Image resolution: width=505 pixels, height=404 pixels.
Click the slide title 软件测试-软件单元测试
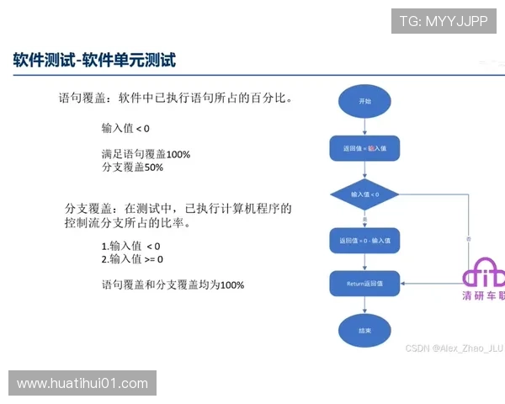[94, 61]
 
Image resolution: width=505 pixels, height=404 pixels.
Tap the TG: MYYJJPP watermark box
[444, 21]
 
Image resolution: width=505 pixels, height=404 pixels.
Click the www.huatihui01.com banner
[82, 384]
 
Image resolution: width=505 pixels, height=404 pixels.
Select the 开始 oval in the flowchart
[364, 101]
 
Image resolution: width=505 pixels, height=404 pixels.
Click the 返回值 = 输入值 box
[364, 148]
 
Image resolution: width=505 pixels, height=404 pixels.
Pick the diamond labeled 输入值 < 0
[364, 194]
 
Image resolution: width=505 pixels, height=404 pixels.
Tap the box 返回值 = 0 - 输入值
[364, 241]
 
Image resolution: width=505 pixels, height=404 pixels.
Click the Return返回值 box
[364, 284]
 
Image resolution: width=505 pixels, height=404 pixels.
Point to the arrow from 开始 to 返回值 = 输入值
[364, 125]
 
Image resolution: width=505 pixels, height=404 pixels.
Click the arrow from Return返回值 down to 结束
[364, 306]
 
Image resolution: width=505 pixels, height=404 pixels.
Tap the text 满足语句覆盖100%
[146, 155]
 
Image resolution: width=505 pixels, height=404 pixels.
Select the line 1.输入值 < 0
[130, 246]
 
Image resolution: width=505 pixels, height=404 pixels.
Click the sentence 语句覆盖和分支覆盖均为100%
[173, 284]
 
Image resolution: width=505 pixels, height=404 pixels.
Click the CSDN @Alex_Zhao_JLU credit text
[454, 348]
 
